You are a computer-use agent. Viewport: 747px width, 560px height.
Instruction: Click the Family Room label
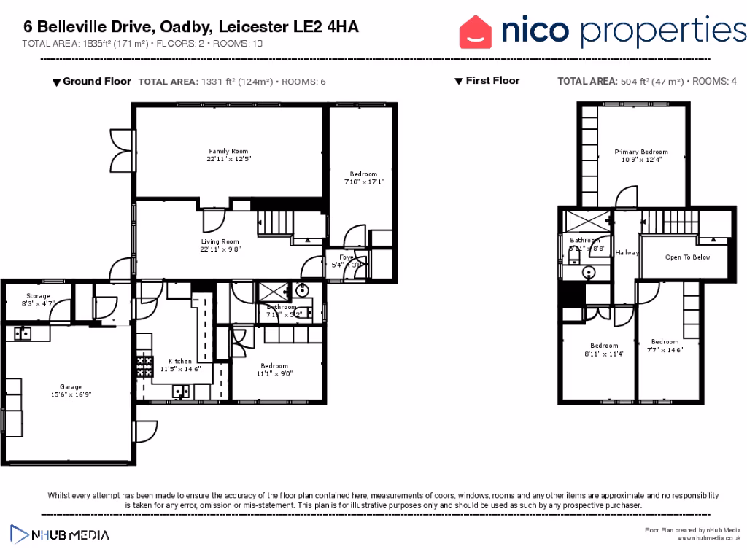click(x=223, y=151)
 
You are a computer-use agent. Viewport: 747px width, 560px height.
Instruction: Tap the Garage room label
click(x=71, y=386)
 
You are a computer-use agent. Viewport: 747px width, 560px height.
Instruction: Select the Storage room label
click(x=38, y=296)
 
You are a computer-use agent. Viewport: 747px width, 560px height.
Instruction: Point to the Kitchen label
click(x=180, y=361)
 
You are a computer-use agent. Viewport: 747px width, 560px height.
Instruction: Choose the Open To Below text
click(x=687, y=257)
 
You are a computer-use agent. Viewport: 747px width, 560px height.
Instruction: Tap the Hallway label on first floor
click(x=627, y=253)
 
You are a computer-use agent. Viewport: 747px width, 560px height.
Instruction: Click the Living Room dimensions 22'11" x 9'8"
click(x=220, y=249)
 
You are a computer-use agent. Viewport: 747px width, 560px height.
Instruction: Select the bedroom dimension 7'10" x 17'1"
click(x=363, y=182)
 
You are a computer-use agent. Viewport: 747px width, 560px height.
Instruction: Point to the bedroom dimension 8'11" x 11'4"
click(x=604, y=354)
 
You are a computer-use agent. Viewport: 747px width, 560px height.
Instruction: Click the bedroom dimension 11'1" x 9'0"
click(x=274, y=373)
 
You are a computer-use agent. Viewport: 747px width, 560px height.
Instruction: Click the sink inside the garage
click(x=22, y=333)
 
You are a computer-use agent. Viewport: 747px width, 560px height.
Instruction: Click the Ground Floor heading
click(x=96, y=81)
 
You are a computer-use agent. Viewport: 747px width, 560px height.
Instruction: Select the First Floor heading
click(x=492, y=81)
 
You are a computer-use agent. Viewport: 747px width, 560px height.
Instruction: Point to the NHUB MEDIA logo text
click(x=70, y=535)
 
